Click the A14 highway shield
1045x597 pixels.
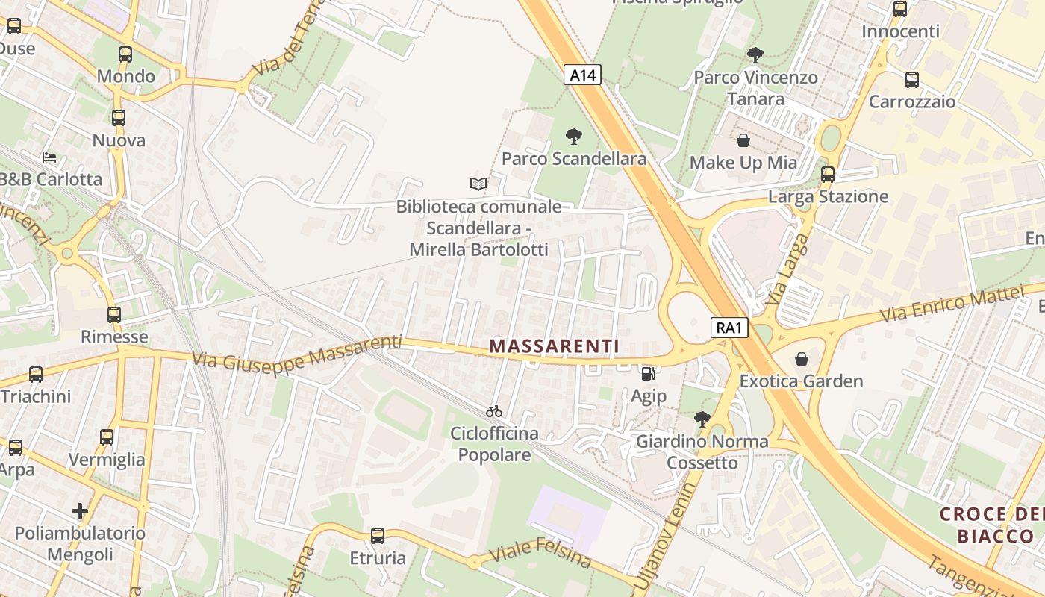tap(582, 74)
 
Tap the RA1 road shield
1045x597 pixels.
tap(729, 327)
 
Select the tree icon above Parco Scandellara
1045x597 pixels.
tap(573, 137)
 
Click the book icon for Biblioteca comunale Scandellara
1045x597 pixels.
tap(478, 184)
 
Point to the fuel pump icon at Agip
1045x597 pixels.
tap(648, 373)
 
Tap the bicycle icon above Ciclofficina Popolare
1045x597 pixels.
tap(493, 411)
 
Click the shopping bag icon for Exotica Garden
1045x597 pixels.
tap(801, 359)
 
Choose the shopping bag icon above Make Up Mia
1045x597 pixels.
tap(743, 140)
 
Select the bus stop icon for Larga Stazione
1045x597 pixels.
tap(827, 175)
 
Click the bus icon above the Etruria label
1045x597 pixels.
tap(378, 535)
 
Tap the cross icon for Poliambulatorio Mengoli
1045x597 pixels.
tap(80, 511)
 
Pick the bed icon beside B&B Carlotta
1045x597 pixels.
tap(49, 157)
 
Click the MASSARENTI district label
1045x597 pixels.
tap(554, 346)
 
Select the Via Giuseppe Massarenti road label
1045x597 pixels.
tap(296, 352)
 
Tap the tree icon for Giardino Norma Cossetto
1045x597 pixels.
tap(702, 419)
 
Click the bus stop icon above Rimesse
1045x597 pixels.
tap(113, 315)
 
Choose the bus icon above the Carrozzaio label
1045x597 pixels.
tap(911, 80)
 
